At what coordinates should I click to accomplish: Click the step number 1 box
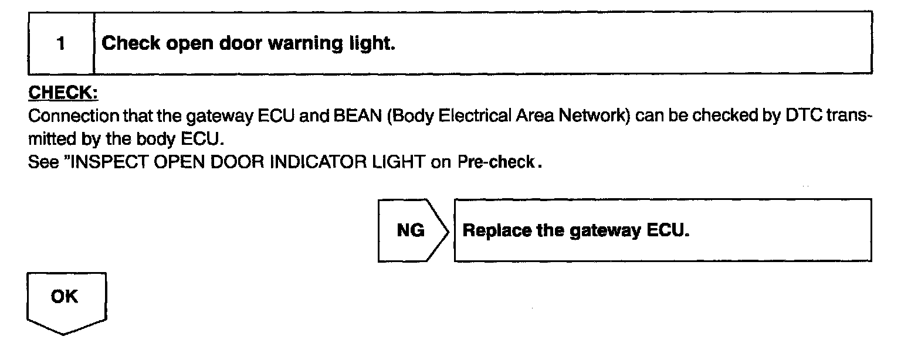coord(61,44)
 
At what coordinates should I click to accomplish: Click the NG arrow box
coord(411,230)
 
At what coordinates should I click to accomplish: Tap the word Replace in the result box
coord(498,230)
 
